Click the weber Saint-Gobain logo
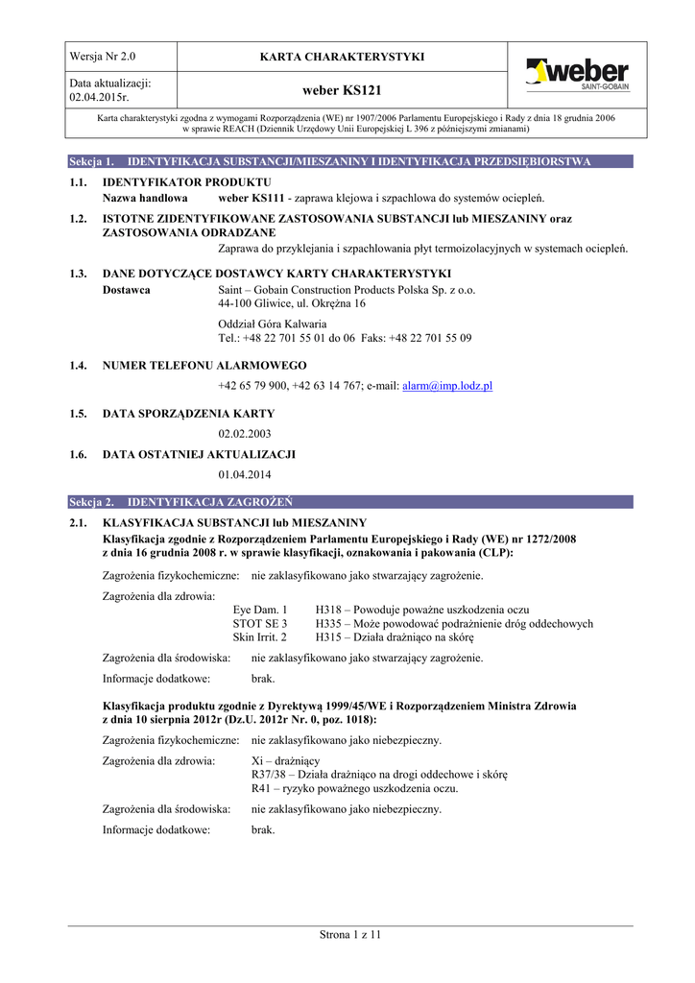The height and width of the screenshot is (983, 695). (576, 76)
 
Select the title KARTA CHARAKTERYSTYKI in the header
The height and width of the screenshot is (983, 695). (342, 58)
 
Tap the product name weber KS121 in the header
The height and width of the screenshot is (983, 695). (342, 90)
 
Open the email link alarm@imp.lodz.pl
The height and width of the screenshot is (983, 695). (447, 385)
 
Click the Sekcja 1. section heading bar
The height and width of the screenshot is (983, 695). (350, 161)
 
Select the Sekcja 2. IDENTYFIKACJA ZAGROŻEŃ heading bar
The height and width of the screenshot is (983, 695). (350, 502)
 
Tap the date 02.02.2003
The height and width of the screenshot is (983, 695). (245, 434)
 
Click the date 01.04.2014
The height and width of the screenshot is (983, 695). (245, 474)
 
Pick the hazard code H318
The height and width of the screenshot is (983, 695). (329, 610)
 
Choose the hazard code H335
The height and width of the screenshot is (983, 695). (329, 623)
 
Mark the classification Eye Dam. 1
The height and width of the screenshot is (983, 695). (260, 610)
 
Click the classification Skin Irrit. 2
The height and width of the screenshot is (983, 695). (260, 636)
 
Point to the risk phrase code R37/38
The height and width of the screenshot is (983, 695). (272, 775)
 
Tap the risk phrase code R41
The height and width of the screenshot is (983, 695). (263, 788)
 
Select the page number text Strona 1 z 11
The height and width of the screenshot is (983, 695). (350, 934)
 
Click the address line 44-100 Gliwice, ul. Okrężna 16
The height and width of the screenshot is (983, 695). (292, 303)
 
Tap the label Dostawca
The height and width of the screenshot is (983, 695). (126, 290)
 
